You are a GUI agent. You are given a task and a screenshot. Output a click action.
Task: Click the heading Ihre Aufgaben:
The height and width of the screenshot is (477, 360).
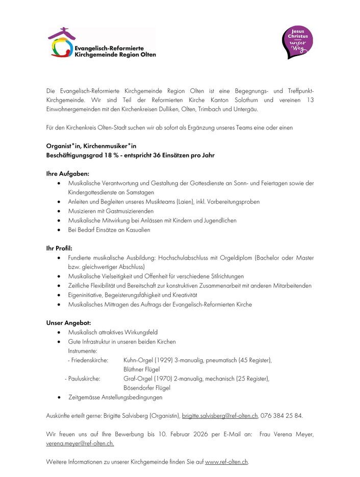[x=68, y=173]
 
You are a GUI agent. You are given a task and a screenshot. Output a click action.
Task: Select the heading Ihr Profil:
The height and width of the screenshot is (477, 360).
[x=59, y=248]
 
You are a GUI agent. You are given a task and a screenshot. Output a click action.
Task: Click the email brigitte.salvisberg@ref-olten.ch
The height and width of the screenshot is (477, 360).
[x=220, y=416]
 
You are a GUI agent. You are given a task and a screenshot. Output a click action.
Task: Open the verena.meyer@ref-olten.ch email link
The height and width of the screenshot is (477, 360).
[x=80, y=443]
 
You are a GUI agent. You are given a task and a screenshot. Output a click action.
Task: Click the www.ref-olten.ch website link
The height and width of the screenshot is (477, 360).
[x=226, y=462]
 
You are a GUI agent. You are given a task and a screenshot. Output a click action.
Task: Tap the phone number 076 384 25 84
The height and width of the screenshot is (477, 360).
[x=281, y=416]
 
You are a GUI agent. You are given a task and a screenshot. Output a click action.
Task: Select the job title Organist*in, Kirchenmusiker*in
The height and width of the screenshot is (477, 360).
[x=91, y=145]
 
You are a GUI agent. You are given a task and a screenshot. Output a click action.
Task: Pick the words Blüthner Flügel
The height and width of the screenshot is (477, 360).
[x=141, y=369]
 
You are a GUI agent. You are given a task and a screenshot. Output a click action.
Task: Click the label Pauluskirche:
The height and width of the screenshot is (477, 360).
[x=84, y=379]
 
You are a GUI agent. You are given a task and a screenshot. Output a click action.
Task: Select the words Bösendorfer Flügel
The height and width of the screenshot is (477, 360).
[x=147, y=388]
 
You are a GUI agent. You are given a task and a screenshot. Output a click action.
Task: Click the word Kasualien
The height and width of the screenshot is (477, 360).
[x=136, y=230]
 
